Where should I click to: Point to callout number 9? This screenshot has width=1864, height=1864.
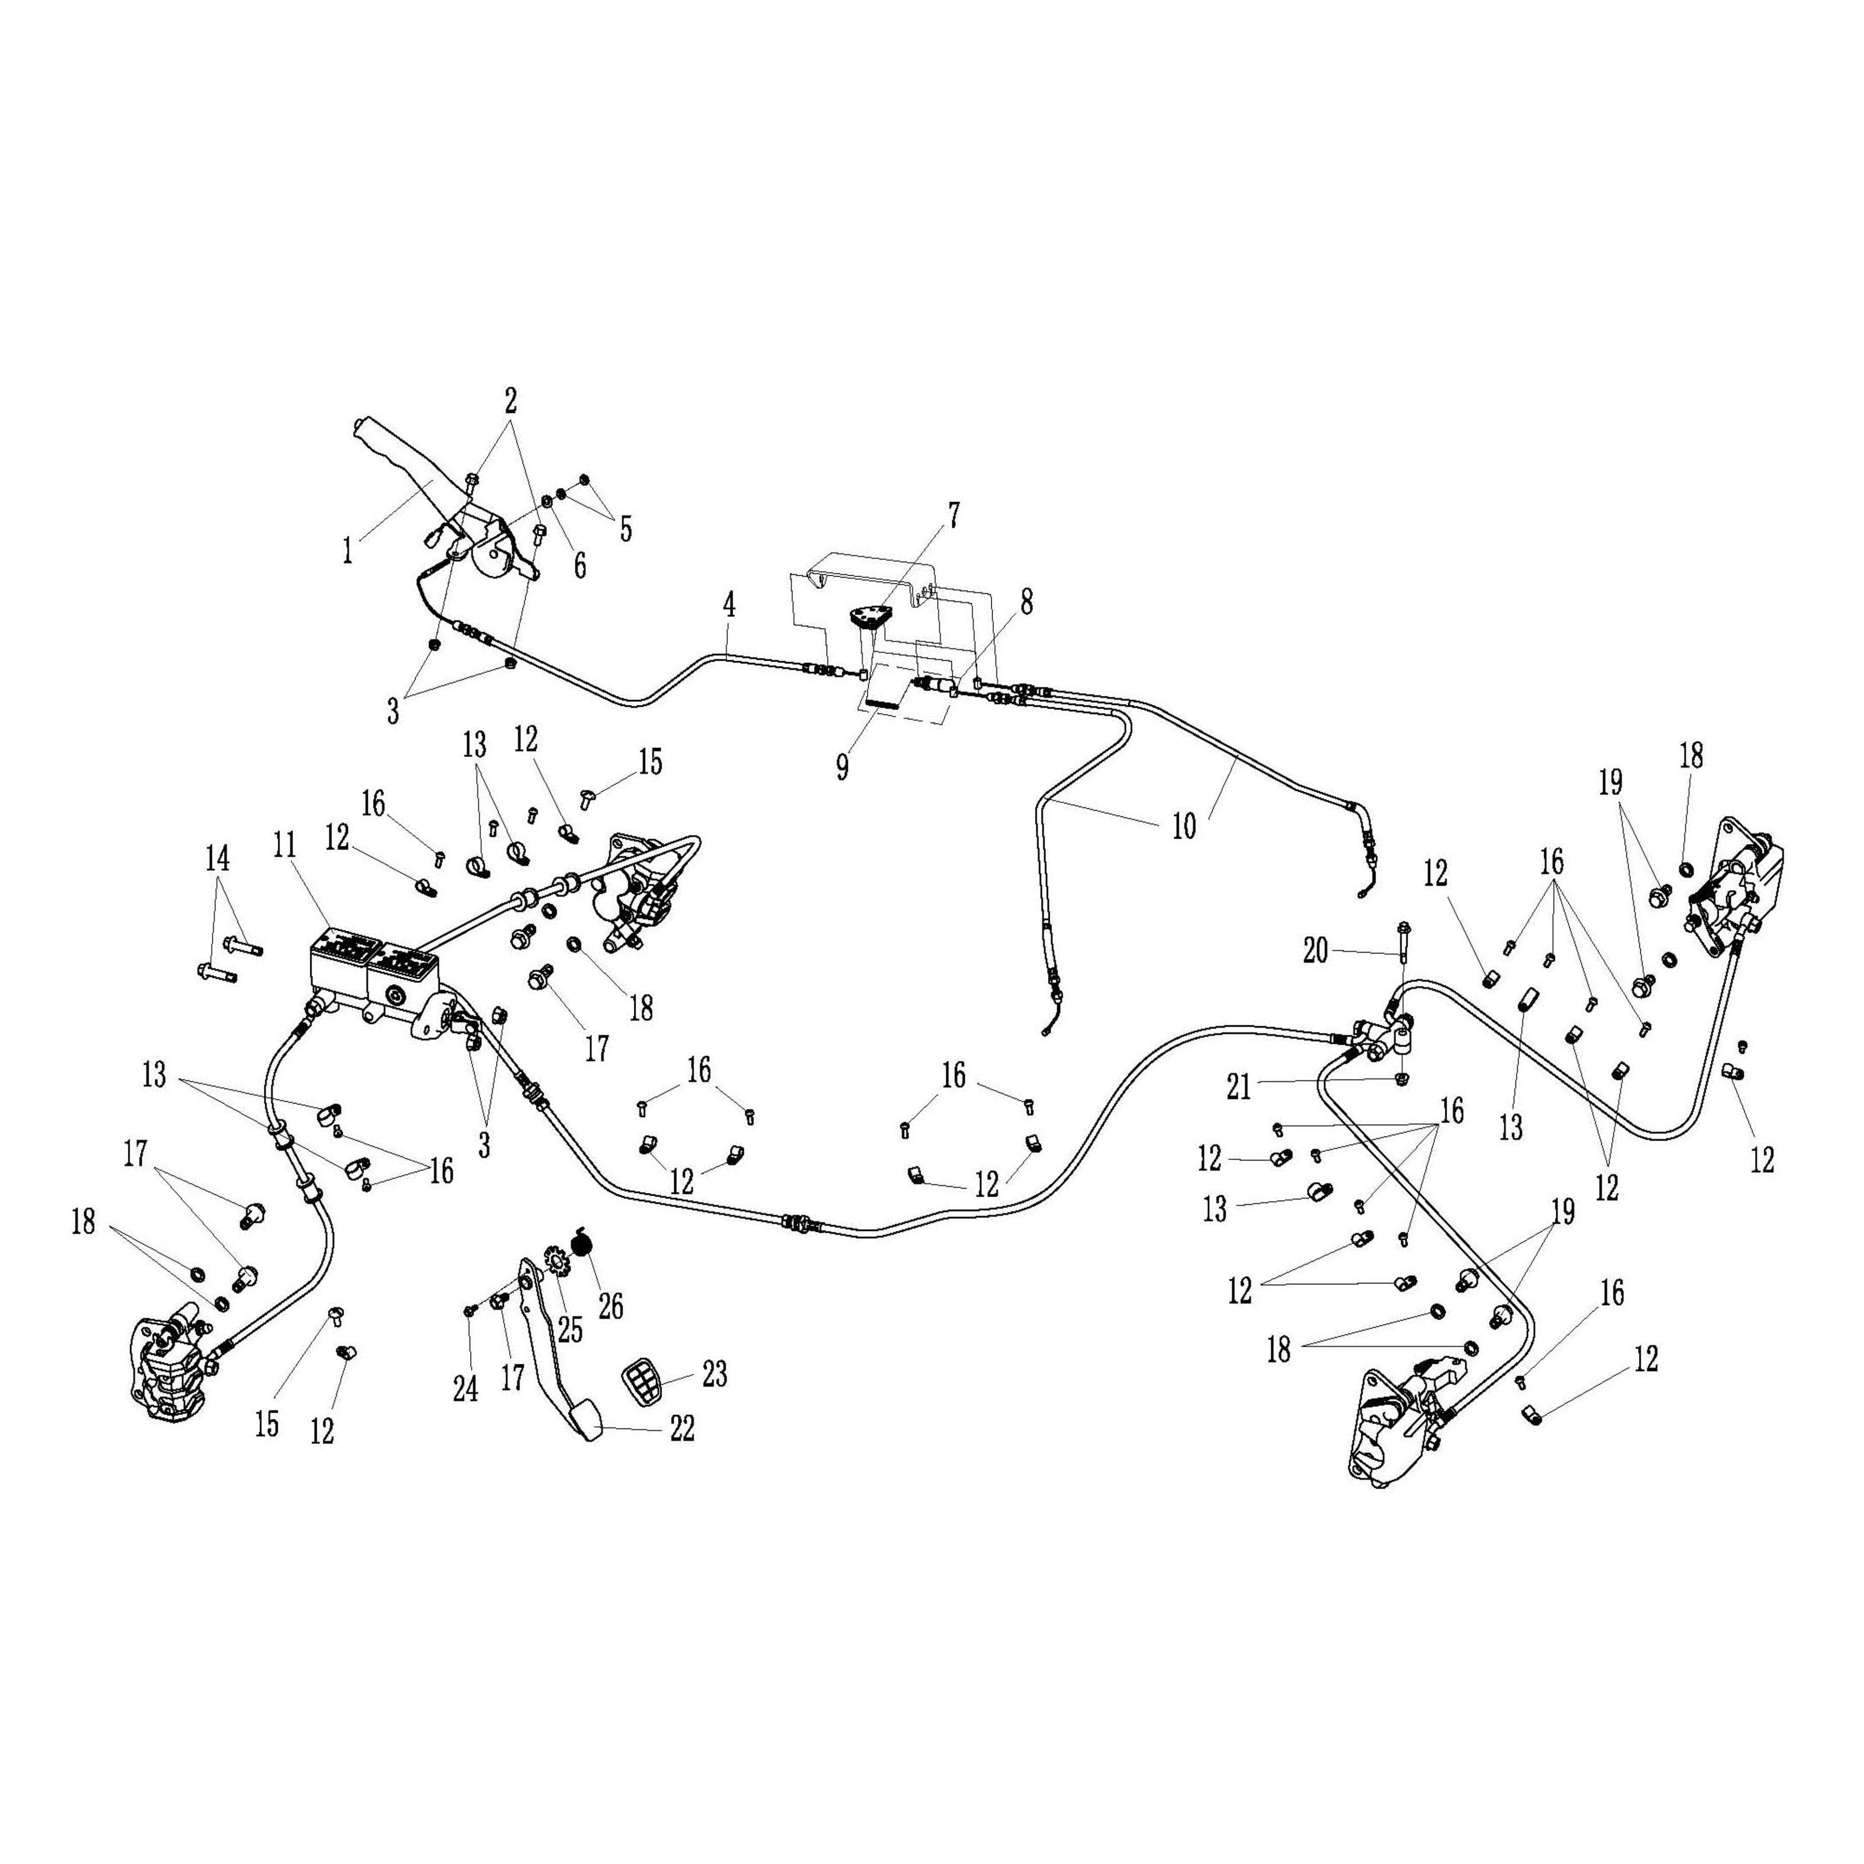[x=842, y=767]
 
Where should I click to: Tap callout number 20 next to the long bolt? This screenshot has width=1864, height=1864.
[x=1315, y=951]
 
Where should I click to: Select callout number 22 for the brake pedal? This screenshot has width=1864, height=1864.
[x=682, y=1429]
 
